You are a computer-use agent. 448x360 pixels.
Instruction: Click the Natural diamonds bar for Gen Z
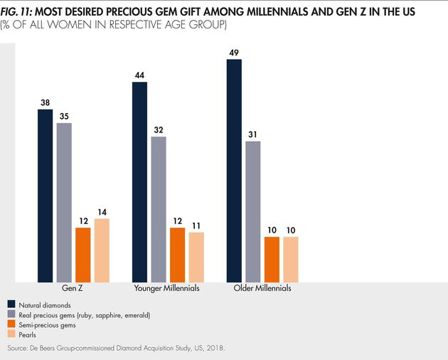click(x=46, y=196)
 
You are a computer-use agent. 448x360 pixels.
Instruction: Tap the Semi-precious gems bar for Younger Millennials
click(x=177, y=255)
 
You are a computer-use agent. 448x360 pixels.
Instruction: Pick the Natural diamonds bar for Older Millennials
click(x=234, y=171)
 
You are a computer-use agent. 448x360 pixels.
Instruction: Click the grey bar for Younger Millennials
click(x=159, y=209)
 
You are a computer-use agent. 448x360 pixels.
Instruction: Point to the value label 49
click(x=234, y=52)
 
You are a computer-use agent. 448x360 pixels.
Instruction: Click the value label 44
click(x=139, y=75)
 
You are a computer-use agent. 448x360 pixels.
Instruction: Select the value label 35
click(x=64, y=115)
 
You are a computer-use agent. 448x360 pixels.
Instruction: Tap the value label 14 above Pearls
click(x=102, y=211)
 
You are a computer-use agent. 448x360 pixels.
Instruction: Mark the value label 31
click(x=252, y=134)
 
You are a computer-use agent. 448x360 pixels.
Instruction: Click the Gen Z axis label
click(x=73, y=290)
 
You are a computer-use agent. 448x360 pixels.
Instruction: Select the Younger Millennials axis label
click(x=167, y=290)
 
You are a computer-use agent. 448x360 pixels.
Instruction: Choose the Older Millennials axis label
click(x=262, y=290)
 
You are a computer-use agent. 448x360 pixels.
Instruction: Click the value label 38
click(x=46, y=102)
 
